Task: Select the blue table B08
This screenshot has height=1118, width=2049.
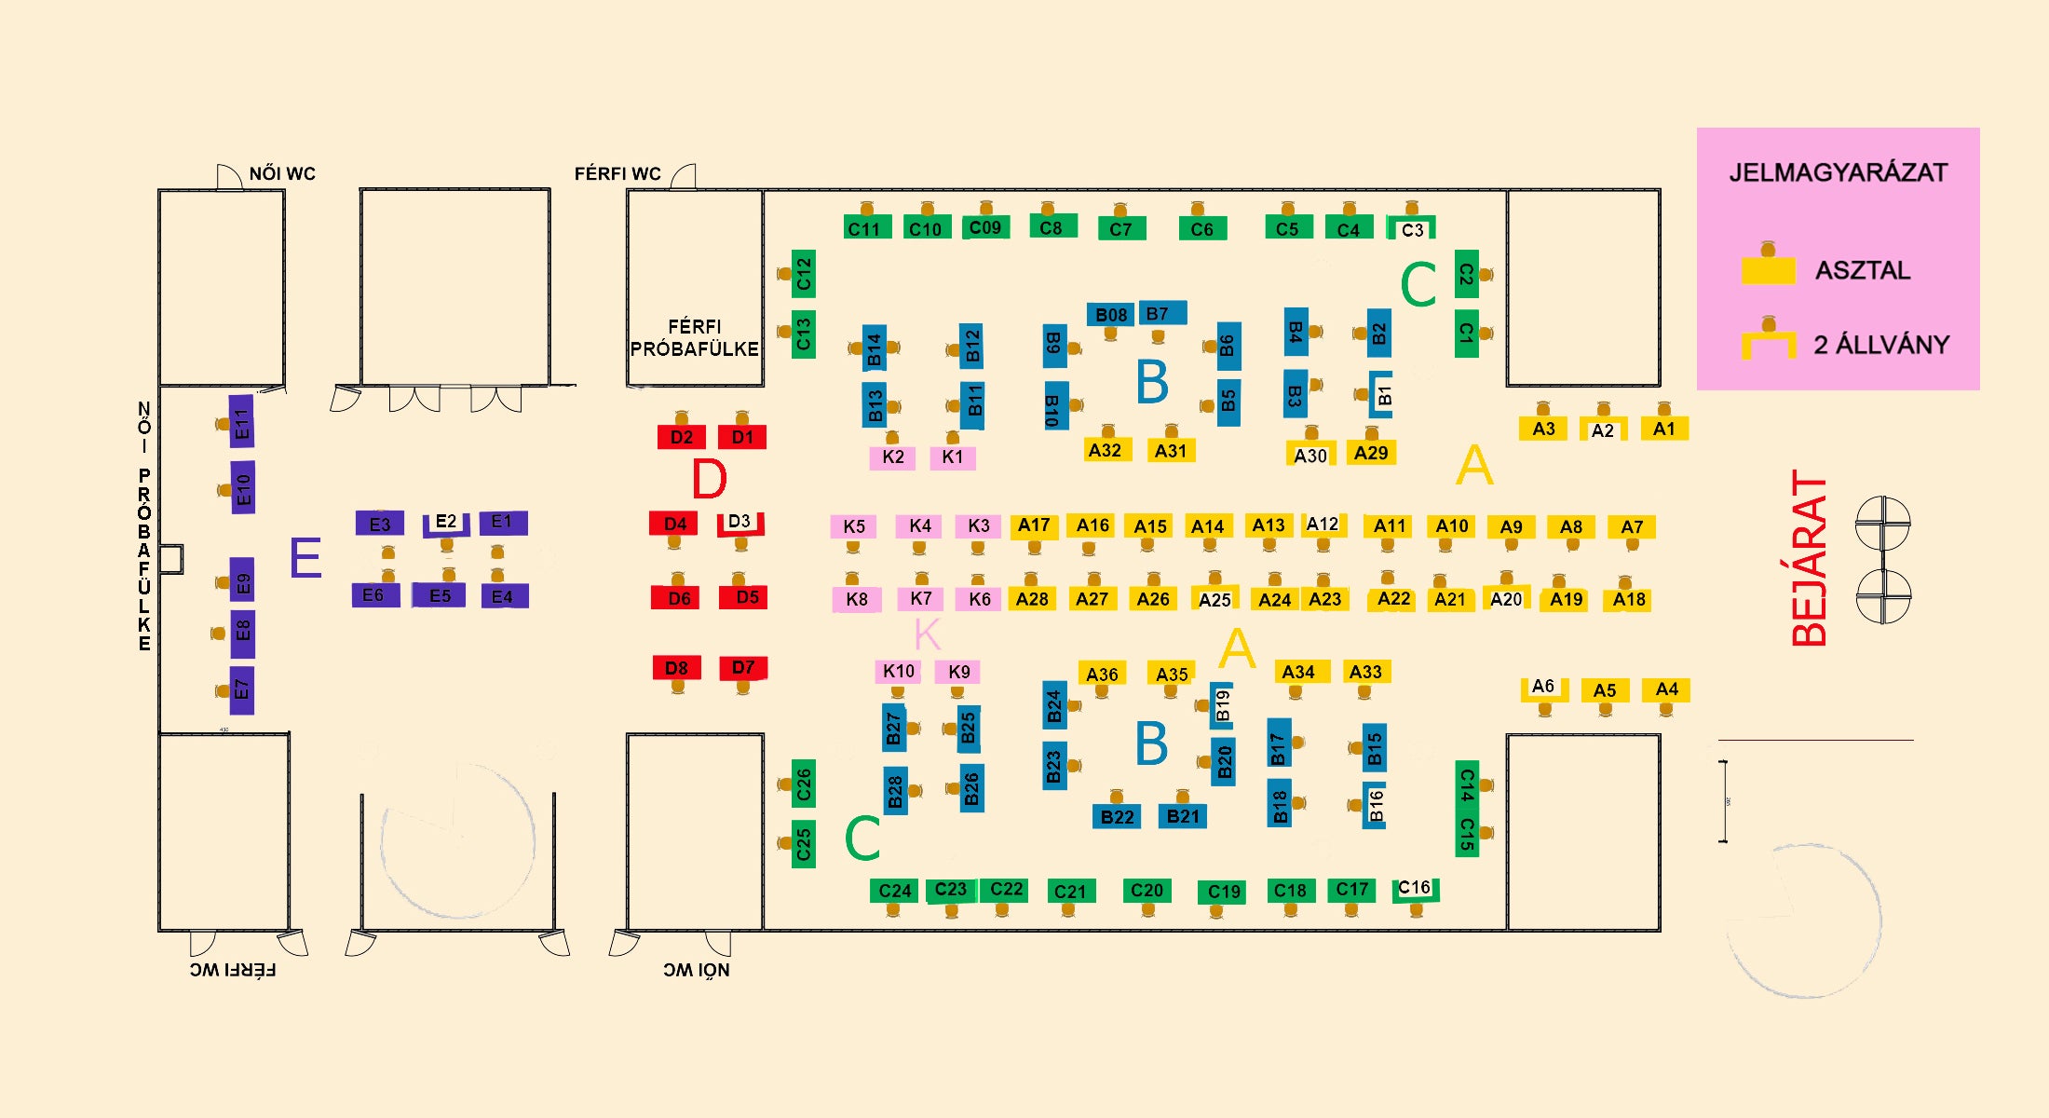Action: (x=1110, y=315)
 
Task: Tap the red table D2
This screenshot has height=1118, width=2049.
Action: (x=681, y=437)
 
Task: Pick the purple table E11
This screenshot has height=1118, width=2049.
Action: (x=242, y=422)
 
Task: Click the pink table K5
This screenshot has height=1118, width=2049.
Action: (x=854, y=526)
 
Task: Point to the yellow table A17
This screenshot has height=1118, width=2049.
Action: (x=1034, y=525)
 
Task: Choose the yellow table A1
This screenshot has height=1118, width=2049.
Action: (x=1664, y=429)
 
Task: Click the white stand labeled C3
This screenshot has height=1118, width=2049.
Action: (x=1412, y=229)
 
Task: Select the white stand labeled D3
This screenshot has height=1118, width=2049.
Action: (x=740, y=522)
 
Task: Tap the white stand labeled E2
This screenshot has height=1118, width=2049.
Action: (x=446, y=522)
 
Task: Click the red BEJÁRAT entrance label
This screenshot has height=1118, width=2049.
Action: (x=1810, y=559)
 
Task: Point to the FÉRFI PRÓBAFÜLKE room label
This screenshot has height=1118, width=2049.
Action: (x=695, y=338)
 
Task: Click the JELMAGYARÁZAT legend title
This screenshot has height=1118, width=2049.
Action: (x=1838, y=173)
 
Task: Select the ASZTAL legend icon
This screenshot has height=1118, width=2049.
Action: (x=1768, y=266)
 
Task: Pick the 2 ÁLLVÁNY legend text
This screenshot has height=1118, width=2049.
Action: (x=1880, y=345)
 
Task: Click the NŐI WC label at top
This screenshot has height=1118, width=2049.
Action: (x=282, y=174)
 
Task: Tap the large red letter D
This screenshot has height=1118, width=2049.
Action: (x=709, y=479)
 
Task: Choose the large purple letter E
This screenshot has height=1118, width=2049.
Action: (x=305, y=558)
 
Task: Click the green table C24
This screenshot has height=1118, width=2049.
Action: (x=895, y=891)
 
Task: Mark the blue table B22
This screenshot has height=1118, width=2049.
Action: (x=1117, y=817)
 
